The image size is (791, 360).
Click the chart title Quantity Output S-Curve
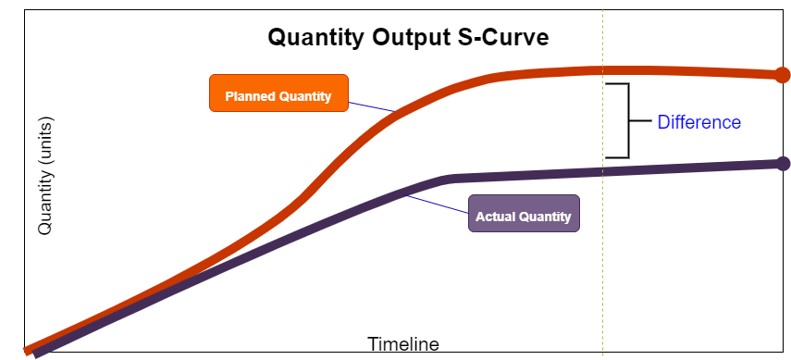click(408, 38)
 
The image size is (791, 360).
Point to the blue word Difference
click(698, 122)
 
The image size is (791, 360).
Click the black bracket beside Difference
click(626, 120)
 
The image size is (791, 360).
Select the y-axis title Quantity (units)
click(45, 175)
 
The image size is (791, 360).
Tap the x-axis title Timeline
click(403, 344)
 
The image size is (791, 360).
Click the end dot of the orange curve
click(782, 75)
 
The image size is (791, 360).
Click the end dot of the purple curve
click(783, 164)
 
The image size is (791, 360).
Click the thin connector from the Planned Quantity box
click(372, 104)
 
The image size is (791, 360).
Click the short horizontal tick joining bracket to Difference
click(640, 120)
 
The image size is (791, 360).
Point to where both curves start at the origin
click(33, 351)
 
